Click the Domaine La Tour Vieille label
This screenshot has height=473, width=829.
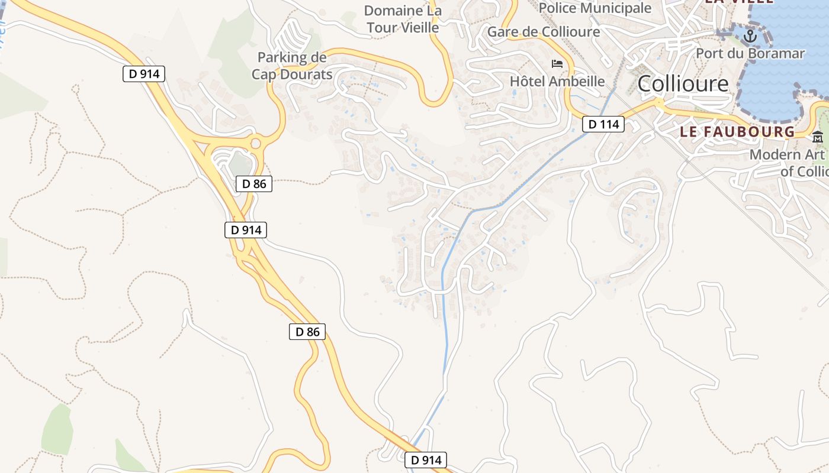(403, 19)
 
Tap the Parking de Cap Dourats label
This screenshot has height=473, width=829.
(292, 66)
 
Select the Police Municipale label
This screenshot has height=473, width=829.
(595, 8)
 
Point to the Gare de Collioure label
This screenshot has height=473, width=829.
(543, 32)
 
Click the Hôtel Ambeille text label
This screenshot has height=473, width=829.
(557, 81)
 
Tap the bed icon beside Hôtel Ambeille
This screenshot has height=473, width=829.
(557, 63)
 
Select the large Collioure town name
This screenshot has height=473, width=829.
(683, 83)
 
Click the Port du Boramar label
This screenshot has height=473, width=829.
(750, 53)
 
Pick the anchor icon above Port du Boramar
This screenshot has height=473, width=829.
(750, 36)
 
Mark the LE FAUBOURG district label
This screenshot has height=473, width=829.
(737, 131)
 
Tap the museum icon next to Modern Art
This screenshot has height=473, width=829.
(818, 137)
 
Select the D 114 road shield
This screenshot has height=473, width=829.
(603, 124)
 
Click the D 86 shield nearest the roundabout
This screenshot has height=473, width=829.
(255, 184)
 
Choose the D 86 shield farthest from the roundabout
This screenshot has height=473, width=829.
(307, 332)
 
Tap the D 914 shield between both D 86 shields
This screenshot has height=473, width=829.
(246, 230)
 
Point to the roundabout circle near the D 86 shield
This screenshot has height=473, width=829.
(256, 143)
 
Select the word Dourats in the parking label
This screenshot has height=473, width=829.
(308, 74)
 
